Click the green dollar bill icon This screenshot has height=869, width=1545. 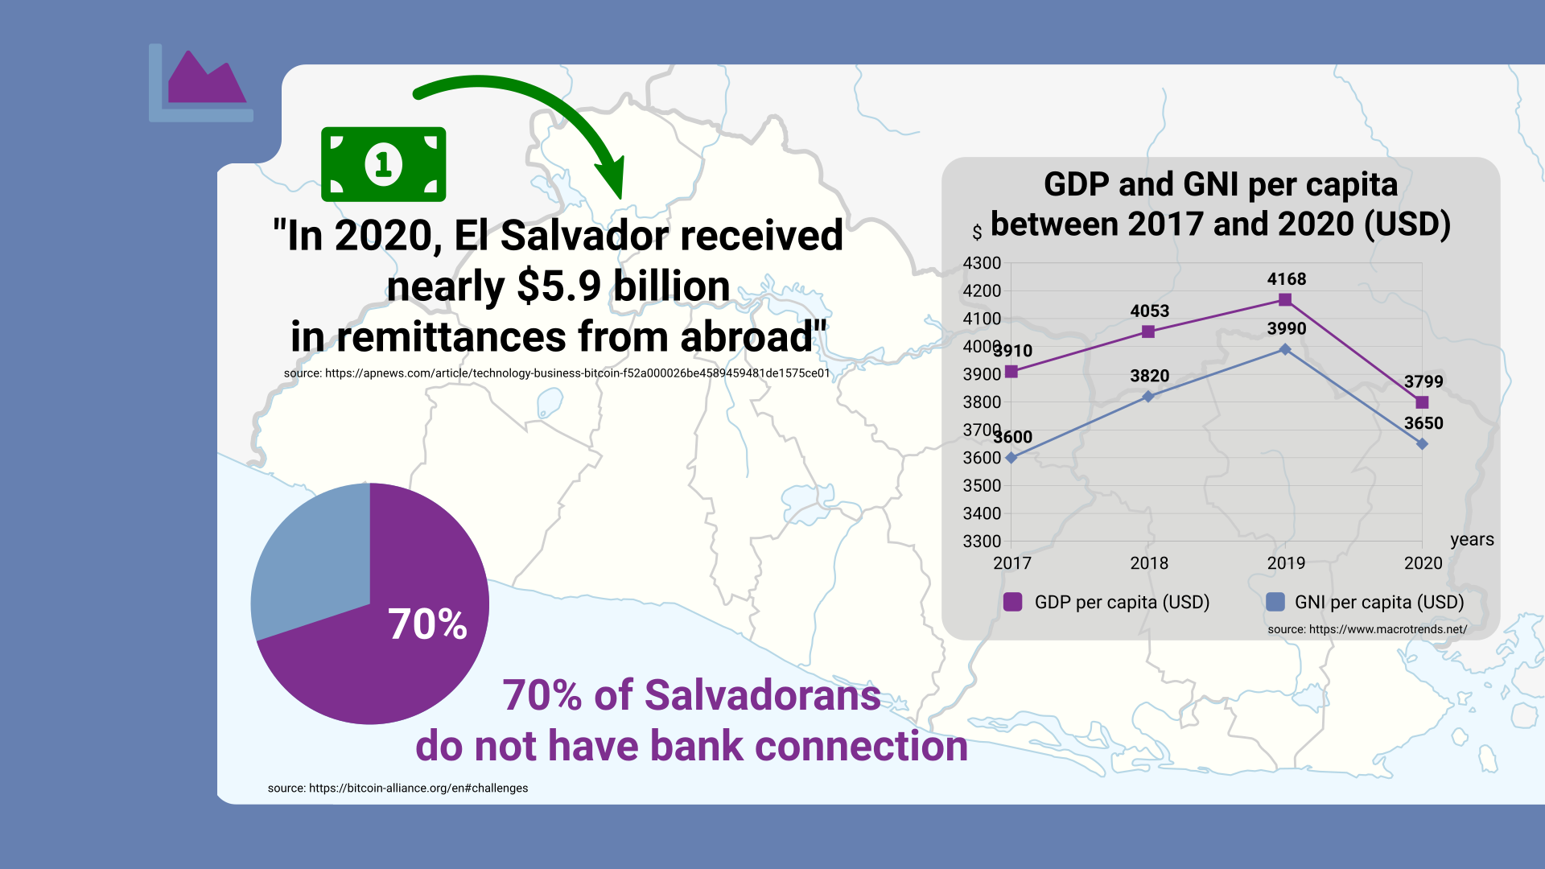pos(383,164)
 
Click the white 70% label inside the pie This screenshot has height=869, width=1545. pos(427,624)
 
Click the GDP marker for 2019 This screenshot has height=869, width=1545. pos(1285,299)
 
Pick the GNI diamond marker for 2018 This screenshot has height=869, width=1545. pos(1148,397)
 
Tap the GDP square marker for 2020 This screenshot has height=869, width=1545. pos(1422,402)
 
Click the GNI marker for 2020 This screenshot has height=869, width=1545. pos(1422,444)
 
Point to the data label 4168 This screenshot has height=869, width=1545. pos(1287,279)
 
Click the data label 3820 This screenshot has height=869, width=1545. pos(1149,376)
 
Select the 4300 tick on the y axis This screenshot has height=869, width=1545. pos(982,263)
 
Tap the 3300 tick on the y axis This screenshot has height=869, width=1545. pos(982,542)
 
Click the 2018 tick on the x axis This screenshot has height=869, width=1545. pos(1149,563)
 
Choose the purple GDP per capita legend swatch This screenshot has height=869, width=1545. pos(1013,602)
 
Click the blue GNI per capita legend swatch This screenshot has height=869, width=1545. pos(1275,602)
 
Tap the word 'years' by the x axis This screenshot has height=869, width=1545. pos(1472,540)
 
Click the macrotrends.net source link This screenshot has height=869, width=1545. pos(1367,629)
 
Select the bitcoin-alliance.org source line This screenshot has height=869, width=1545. pos(398,789)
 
